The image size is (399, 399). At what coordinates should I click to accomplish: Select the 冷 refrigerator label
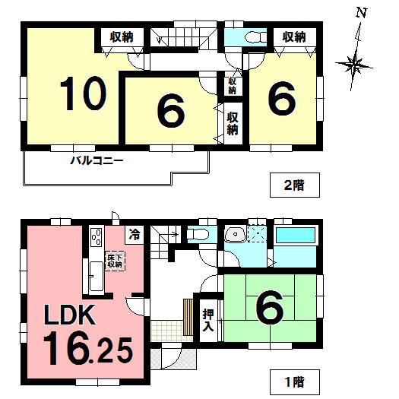(x=134, y=235)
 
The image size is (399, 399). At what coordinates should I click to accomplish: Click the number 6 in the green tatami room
(x=270, y=308)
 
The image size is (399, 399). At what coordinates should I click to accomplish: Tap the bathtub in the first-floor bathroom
(x=297, y=236)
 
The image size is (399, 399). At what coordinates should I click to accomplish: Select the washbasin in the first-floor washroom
(x=236, y=234)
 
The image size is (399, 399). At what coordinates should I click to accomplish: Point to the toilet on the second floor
(x=253, y=36)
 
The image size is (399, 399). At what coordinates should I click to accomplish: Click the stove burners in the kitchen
(x=97, y=236)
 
